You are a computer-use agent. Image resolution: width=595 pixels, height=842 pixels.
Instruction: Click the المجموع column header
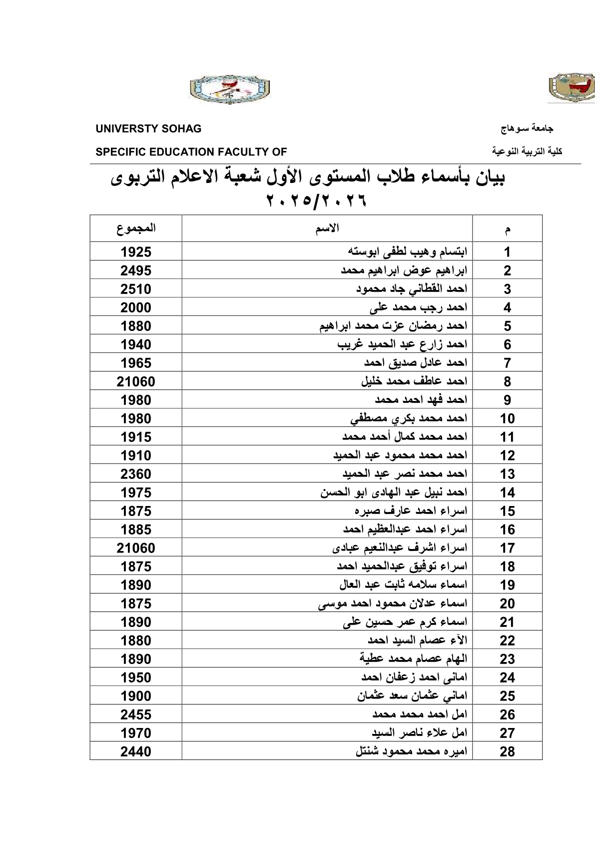point(136,228)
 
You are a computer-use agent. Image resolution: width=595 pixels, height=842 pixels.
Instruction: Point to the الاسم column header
point(327,228)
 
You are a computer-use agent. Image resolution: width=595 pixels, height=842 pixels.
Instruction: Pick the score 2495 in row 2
point(136,270)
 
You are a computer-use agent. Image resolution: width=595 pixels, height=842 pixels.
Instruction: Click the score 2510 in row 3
point(136,289)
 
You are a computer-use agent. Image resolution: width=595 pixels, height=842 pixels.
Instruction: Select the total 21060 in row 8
point(136,381)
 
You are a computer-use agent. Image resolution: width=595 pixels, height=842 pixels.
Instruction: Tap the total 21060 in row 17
point(136,548)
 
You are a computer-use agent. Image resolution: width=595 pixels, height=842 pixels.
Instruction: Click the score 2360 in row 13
point(136,474)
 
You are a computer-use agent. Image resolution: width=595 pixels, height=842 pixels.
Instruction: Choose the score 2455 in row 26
point(136,714)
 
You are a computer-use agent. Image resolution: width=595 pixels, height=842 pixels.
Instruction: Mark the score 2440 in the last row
point(136,751)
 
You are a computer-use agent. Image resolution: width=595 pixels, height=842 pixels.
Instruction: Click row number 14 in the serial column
point(507,492)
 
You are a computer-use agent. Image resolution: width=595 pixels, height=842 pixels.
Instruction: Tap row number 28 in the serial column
point(507,751)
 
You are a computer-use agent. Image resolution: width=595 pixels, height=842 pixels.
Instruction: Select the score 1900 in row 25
point(136,696)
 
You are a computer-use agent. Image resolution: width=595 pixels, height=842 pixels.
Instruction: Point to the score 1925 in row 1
point(136,252)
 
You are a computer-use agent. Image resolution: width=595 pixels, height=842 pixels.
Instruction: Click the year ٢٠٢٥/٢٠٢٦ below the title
point(317,201)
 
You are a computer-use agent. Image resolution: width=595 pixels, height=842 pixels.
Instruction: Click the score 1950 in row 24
point(136,677)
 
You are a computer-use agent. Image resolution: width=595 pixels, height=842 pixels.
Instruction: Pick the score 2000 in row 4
point(136,307)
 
